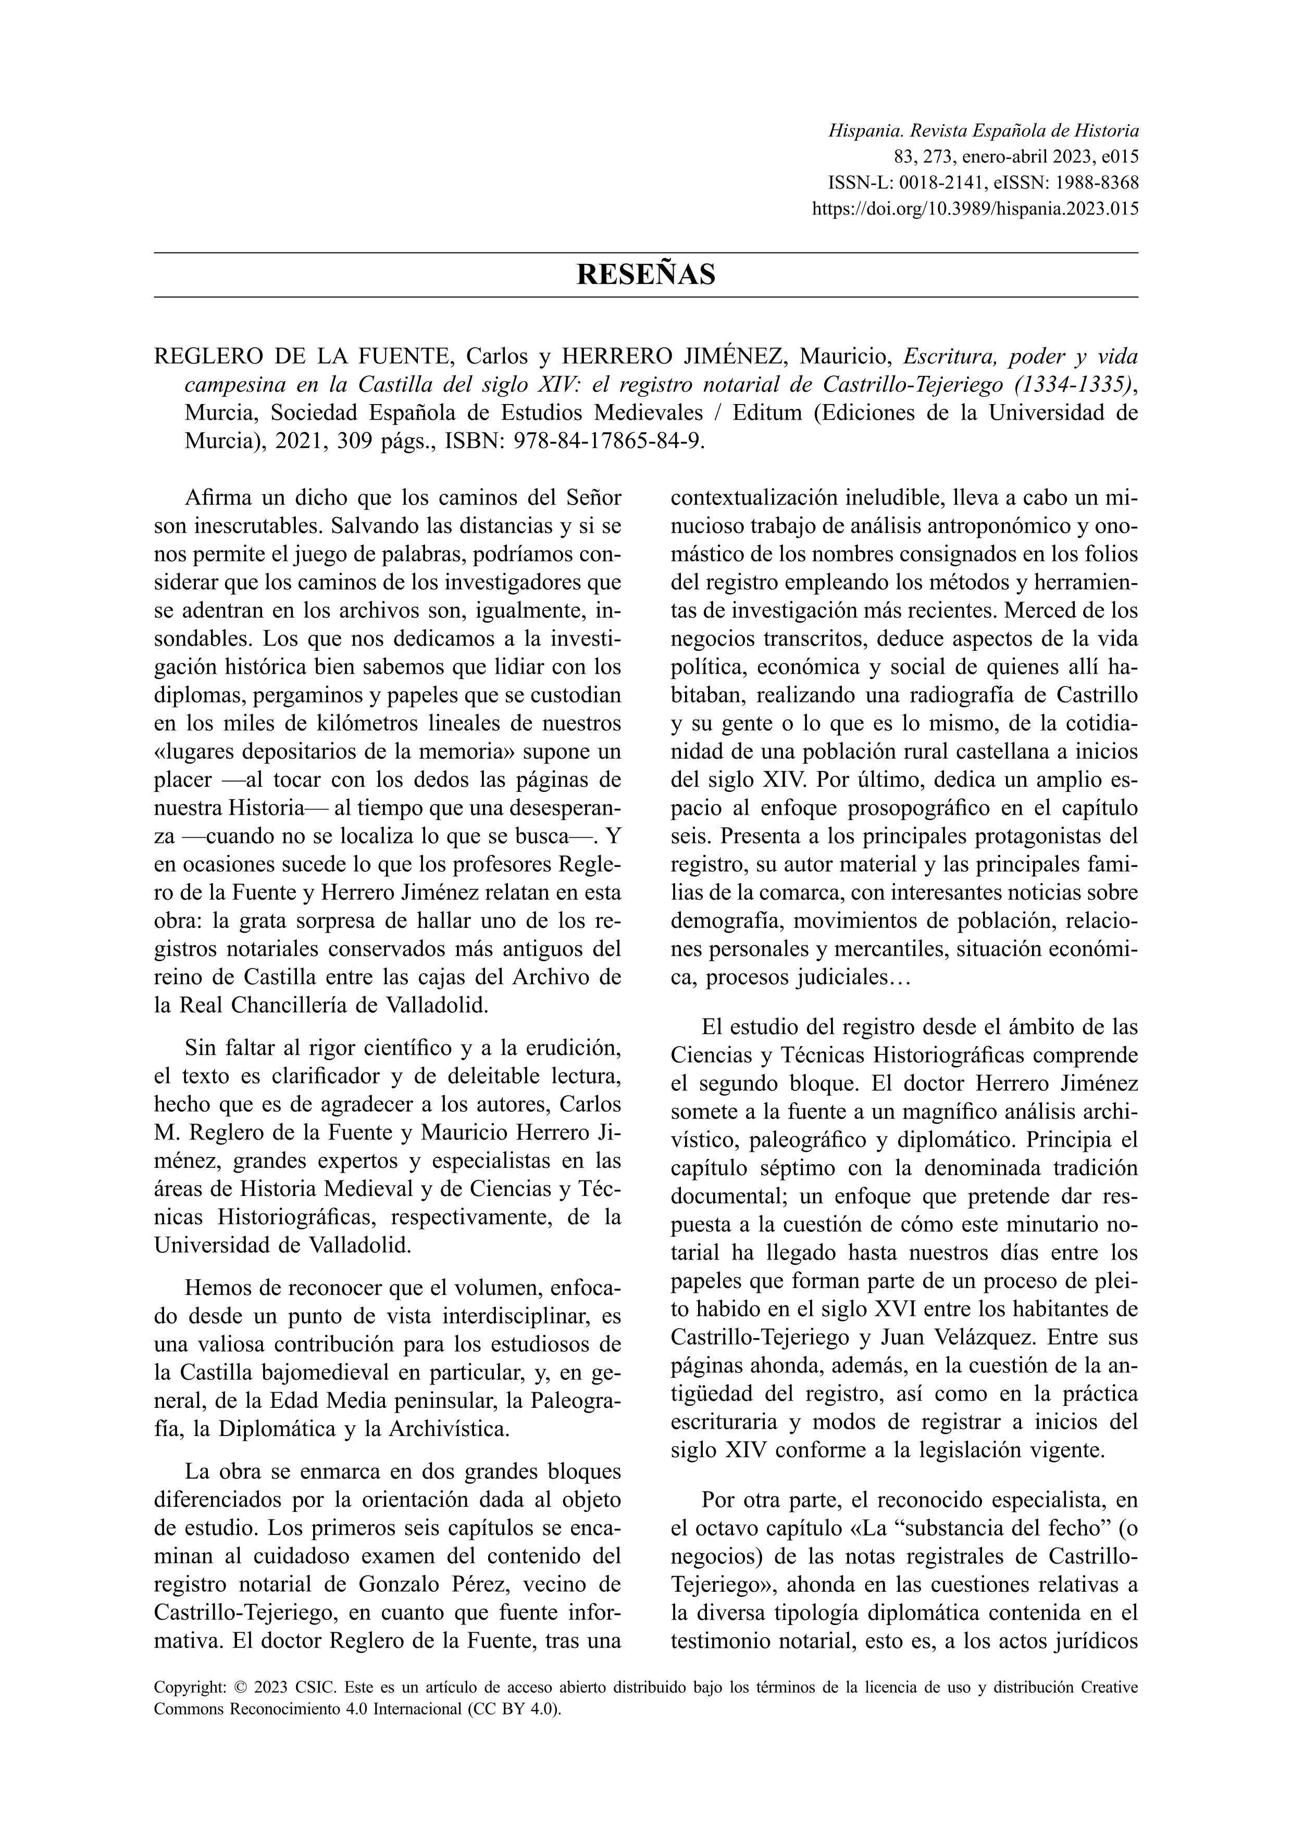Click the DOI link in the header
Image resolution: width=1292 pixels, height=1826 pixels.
(975, 209)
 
